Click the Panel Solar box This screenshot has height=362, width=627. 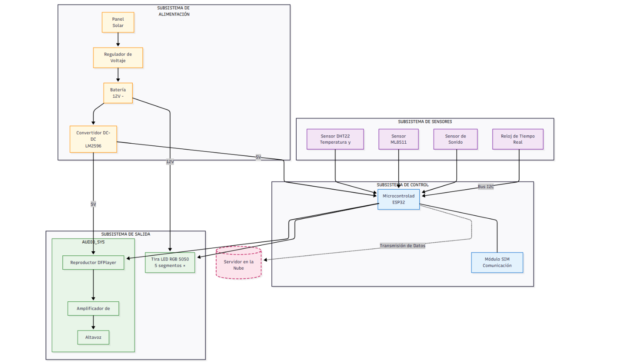118,22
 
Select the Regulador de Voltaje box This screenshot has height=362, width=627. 118,57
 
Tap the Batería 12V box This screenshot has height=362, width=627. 118,93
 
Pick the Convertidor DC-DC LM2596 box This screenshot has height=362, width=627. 93,139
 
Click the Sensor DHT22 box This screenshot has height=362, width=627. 335,139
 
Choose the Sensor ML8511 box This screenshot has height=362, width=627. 398,139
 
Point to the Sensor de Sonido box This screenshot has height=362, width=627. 455,139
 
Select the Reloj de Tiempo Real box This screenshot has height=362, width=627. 517,139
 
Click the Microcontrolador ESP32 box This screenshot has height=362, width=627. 398,199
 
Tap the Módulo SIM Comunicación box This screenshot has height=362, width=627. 497,262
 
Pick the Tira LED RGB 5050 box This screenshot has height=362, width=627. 170,262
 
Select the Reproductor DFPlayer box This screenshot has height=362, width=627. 93,263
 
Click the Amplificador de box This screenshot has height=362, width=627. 93,308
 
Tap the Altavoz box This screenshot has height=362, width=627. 93,337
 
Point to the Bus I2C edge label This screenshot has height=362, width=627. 485,186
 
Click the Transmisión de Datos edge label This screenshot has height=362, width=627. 402,246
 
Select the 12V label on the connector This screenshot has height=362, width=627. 170,161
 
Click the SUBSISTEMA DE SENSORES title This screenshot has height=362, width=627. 425,122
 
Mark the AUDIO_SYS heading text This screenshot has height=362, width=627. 93,242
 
